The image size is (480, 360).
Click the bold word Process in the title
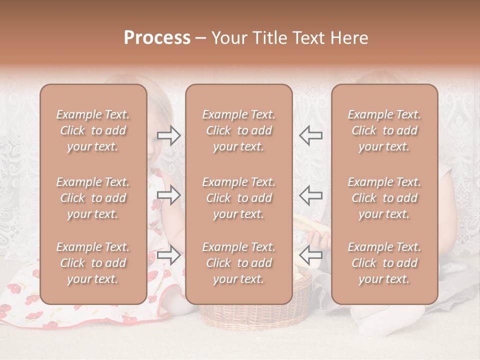click(157, 38)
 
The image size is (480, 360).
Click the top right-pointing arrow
click(168, 135)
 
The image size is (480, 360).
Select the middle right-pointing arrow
click(168, 194)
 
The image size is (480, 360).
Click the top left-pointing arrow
click(311, 135)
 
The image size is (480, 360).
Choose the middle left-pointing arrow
click(311, 194)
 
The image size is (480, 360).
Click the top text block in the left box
click(93, 130)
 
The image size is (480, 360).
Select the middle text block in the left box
click(93, 198)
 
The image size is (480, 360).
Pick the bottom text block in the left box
click(93, 263)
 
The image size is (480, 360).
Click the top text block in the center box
click(238, 130)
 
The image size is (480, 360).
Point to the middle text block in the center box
click(238, 198)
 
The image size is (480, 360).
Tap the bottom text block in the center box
click(238, 263)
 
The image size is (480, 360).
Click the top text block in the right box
click(384, 130)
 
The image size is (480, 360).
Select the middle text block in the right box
click(384, 198)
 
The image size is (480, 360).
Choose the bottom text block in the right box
click(384, 263)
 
